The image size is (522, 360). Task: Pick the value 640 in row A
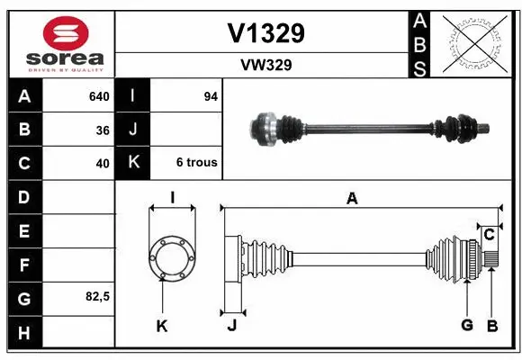(98, 96)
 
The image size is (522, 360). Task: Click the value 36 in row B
(102, 130)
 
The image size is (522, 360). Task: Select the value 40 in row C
(102, 164)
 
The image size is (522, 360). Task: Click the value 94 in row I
(211, 96)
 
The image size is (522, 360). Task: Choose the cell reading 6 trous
(196, 163)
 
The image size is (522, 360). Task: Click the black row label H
(23, 332)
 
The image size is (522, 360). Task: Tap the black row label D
(23, 197)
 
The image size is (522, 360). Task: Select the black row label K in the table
(133, 163)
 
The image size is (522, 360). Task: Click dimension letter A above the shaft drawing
(352, 199)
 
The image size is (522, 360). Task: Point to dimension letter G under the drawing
(466, 325)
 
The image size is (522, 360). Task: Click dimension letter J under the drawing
(231, 325)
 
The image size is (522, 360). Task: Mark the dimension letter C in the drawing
(489, 235)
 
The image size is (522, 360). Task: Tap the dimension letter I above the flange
(171, 198)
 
